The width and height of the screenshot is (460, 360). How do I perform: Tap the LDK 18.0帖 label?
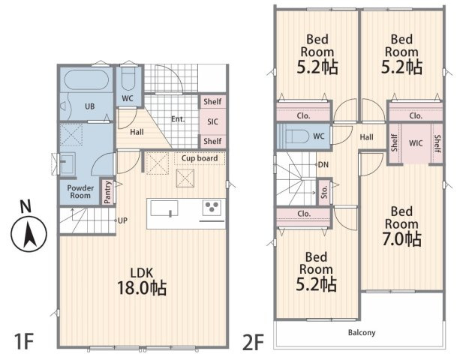[x=142, y=280]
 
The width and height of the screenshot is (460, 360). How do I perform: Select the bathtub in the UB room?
[x=86, y=80]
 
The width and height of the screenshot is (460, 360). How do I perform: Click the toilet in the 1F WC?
[x=128, y=79]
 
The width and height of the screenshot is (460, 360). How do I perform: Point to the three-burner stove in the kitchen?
[x=212, y=207]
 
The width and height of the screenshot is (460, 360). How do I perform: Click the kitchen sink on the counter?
[x=164, y=208]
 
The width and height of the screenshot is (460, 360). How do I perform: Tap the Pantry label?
[x=108, y=192]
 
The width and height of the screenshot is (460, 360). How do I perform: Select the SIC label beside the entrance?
[x=212, y=121]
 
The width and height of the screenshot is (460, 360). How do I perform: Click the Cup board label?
[x=200, y=158]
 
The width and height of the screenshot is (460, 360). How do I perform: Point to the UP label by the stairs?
[x=122, y=220]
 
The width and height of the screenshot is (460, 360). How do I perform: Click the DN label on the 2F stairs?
[x=323, y=165]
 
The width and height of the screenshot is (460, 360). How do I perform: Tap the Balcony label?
[x=362, y=333]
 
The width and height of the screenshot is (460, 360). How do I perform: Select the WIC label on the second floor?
[x=416, y=143]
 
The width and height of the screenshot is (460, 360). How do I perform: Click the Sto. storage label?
[x=324, y=192]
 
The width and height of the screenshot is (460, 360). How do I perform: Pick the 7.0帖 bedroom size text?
[x=401, y=239]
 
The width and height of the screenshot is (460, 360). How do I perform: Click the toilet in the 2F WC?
[x=297, y=136]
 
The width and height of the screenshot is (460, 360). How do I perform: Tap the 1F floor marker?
[x=24, y=341]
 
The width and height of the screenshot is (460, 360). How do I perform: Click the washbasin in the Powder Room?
[x=68, y=163]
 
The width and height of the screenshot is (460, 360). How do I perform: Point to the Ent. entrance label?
[x=178, y=119]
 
